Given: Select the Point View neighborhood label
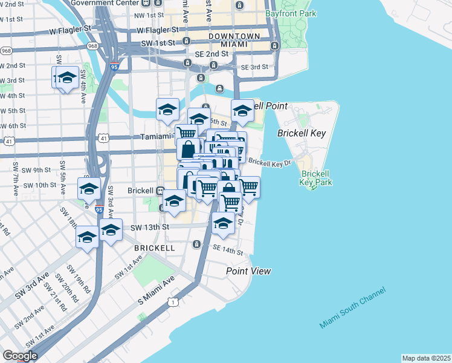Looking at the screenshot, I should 248,272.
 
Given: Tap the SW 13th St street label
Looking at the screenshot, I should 150,227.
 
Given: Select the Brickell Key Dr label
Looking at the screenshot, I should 270,162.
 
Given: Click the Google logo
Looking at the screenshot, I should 20,356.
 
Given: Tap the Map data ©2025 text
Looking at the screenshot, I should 427,358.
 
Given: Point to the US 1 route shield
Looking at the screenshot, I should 174,301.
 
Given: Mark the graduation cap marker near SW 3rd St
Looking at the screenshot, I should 68,78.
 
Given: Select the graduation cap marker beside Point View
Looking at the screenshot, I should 223,224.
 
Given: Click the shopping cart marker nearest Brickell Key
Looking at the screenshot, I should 248,187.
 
